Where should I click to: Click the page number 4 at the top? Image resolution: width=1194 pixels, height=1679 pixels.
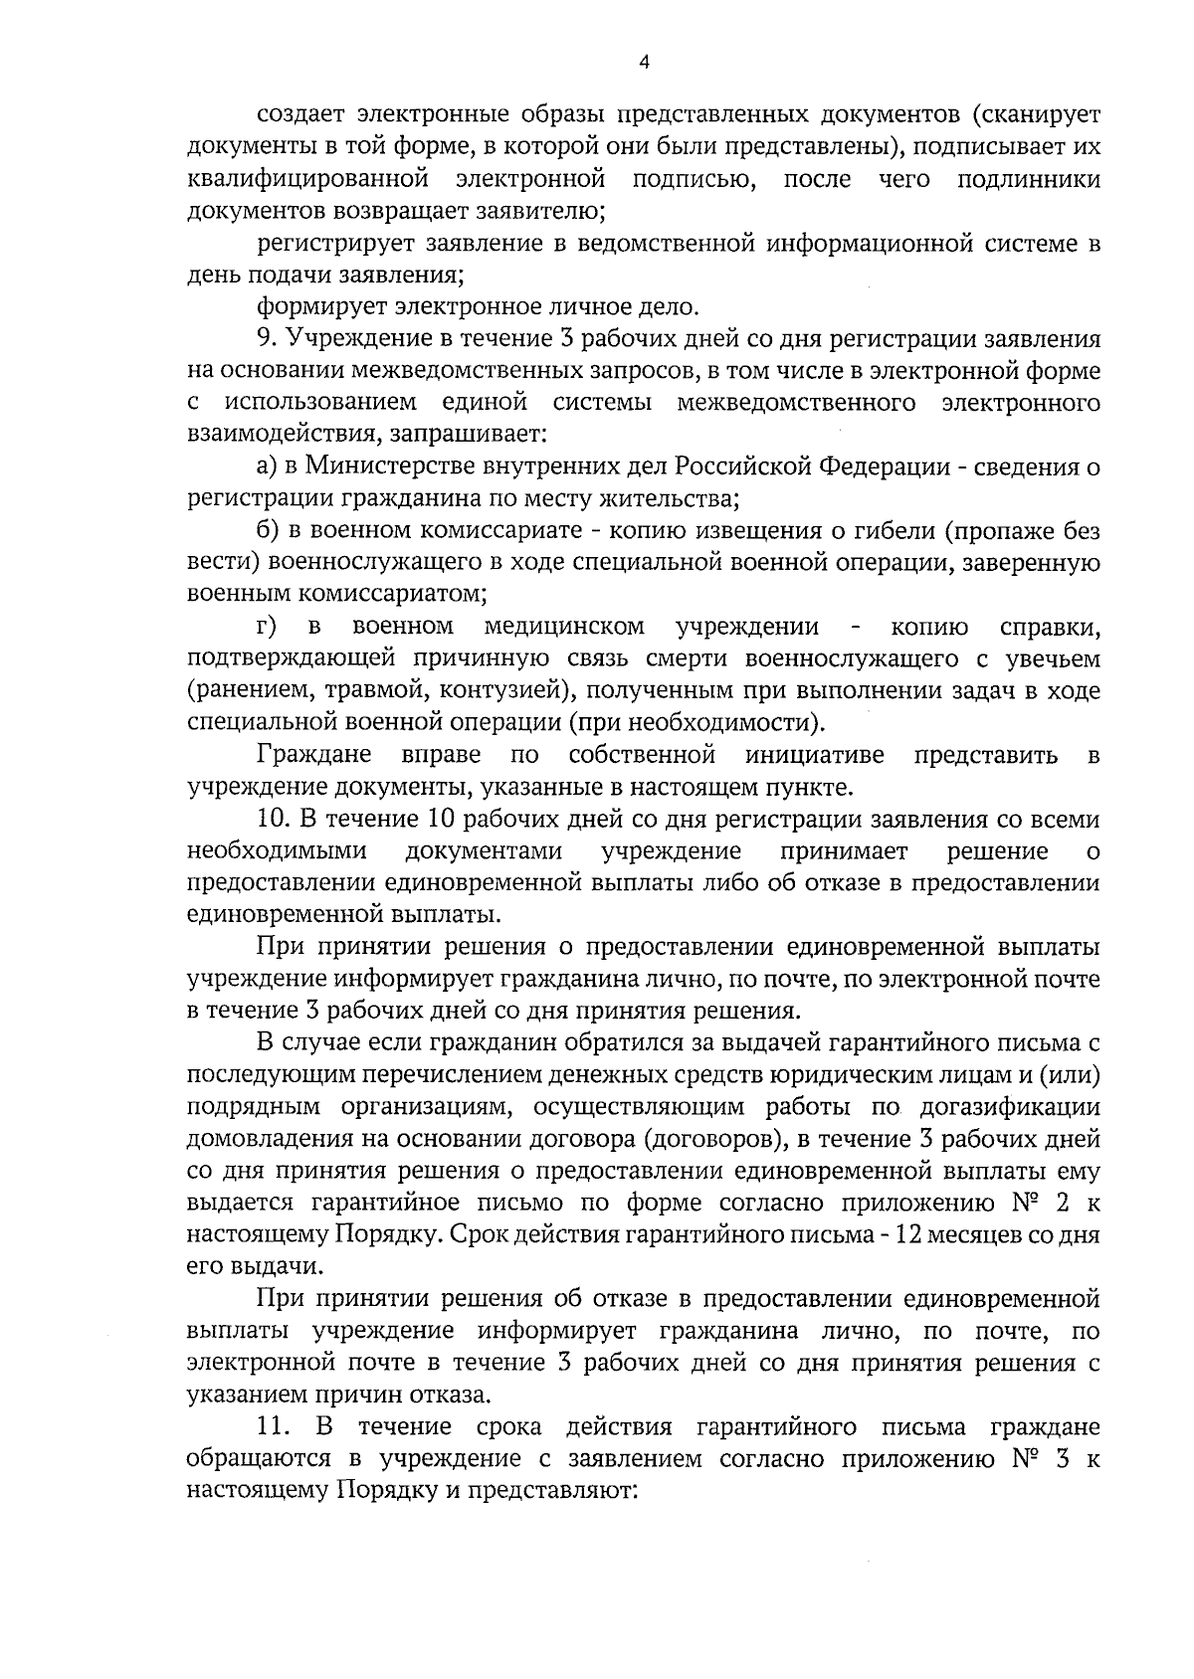[x=644, y=62]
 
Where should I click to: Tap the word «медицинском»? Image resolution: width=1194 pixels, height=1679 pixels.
[x=564, y=627]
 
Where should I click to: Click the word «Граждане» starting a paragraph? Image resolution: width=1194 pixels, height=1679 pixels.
[x=313, y=755]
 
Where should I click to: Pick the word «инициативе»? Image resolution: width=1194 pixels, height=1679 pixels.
[x=815, y=755]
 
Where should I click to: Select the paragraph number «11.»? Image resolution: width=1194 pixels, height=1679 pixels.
[x=275, y=1428]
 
